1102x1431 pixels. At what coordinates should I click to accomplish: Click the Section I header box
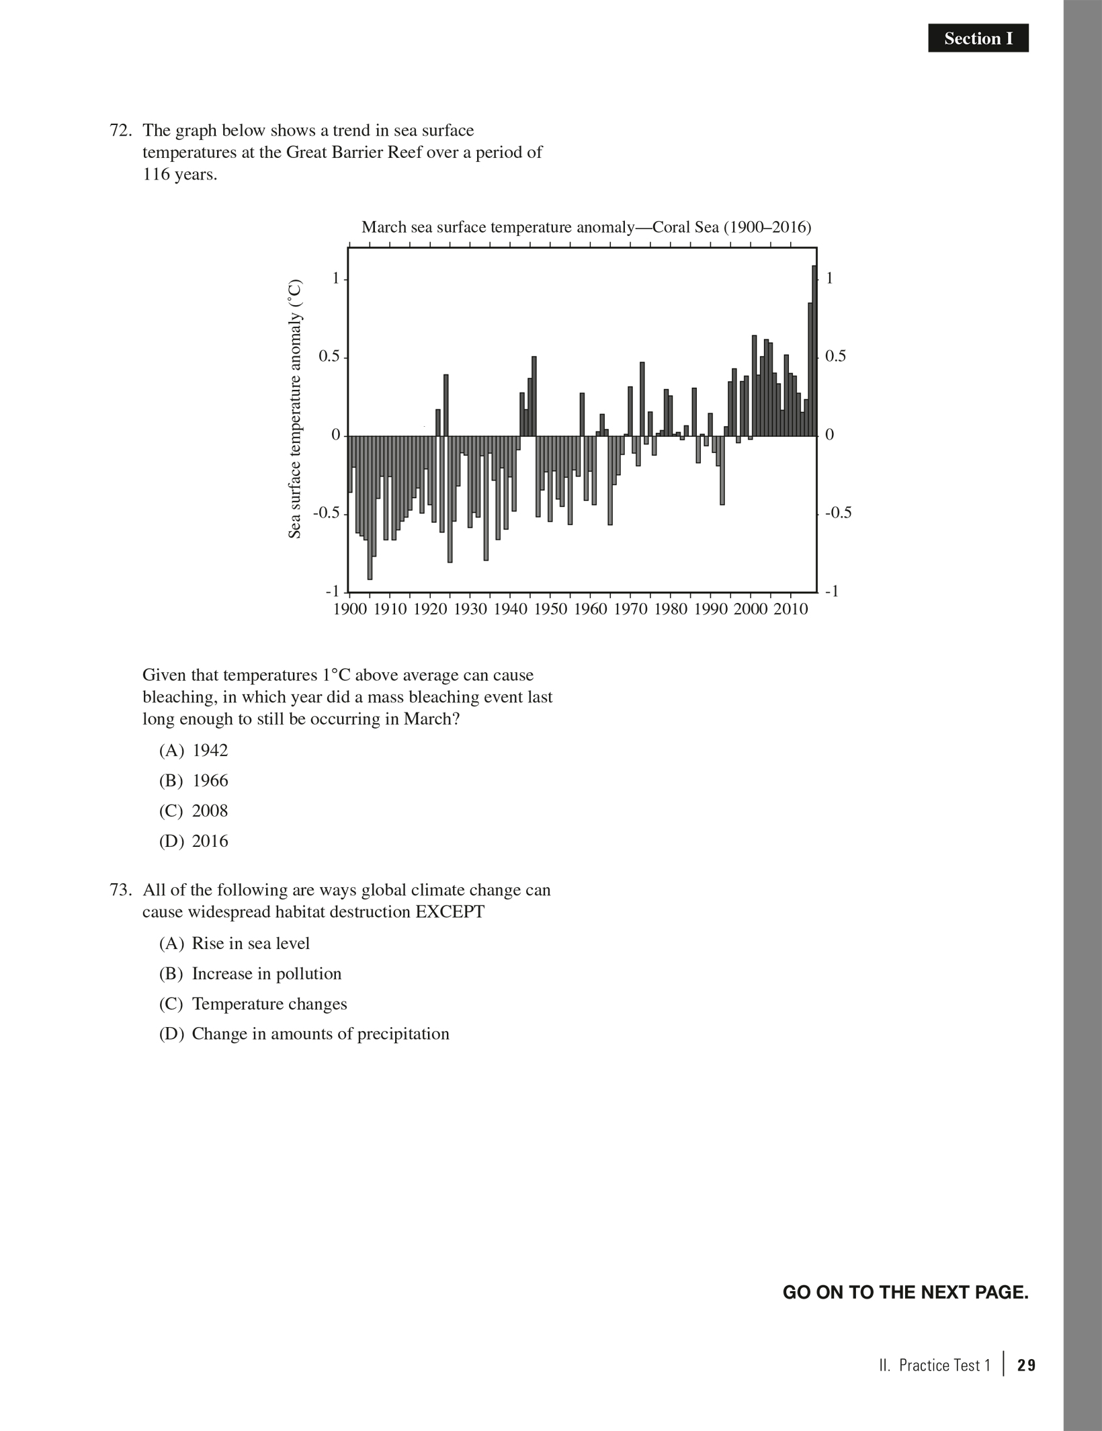coord(978,39)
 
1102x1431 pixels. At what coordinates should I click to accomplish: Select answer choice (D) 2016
coord(194,841)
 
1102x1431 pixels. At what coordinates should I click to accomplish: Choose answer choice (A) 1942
coord(194,750)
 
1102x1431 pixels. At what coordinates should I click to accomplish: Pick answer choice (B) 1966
coord(194,780)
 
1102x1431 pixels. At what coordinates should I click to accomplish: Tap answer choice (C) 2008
coord(194,811)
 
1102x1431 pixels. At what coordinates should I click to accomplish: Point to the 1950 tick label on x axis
coord(550,610)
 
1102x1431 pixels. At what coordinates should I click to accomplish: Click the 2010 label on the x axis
coord(790,610)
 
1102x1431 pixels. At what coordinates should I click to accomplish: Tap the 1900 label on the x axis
coord(351,610)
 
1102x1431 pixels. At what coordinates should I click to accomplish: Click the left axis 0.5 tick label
coord(330,357)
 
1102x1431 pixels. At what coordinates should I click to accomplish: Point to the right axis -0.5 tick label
coord(838,513)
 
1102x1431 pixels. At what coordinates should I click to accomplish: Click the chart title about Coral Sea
coord(586,227)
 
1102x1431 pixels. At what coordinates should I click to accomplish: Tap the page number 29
coord(1026,1365)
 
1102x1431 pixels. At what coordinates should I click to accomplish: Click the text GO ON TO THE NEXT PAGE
coord(905,1293)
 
